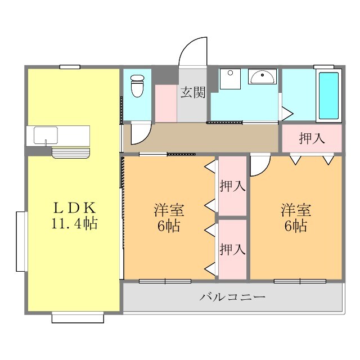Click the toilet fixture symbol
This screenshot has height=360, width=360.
click(137, 86)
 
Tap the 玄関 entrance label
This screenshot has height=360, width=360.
click(193, 92)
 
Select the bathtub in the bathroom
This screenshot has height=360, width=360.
click(328, 96)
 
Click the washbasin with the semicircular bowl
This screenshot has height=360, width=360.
click(262, 76)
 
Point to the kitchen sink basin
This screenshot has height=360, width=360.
click(46, 136)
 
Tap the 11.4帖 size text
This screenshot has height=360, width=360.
click(74, 223)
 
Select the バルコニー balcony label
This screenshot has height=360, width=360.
click(232, 297)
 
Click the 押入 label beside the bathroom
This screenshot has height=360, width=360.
click(312, 138)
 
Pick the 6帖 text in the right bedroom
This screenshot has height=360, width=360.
click(296, 226)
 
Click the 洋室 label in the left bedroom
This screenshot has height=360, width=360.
click(169, 210)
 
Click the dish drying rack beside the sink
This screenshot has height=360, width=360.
click(71, 153)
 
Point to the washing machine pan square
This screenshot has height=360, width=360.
click(230, 79)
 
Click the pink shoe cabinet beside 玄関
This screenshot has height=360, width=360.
click(166, 103)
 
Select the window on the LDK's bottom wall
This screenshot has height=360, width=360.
click(78, 317)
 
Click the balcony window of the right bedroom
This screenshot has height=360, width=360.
click(300, 281)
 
